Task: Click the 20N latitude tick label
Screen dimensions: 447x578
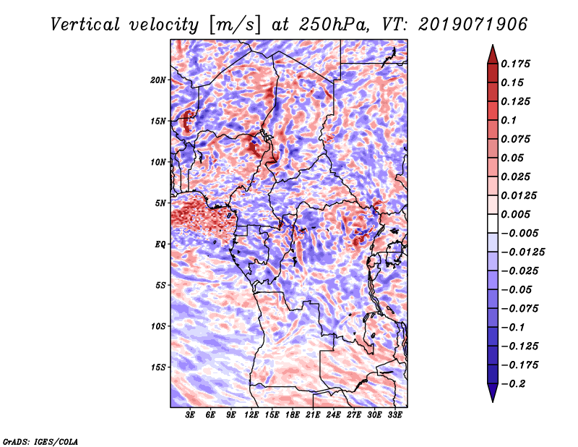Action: coord(158,80)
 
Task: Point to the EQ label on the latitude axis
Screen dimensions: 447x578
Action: coord(160,244)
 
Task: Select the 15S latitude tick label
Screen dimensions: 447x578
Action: coord(158,367)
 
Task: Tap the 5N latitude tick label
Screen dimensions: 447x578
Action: coord(160,203)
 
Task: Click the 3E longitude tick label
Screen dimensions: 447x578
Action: coord(191,415)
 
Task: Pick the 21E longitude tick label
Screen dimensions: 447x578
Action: coord(313,415)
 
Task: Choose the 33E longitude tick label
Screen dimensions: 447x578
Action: coord(394,415)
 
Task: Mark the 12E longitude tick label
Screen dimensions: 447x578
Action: coord(251,415)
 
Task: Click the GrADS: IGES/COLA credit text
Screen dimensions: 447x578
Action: coord(40,440)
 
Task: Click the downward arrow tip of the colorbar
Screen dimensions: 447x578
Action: coord(492,400)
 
